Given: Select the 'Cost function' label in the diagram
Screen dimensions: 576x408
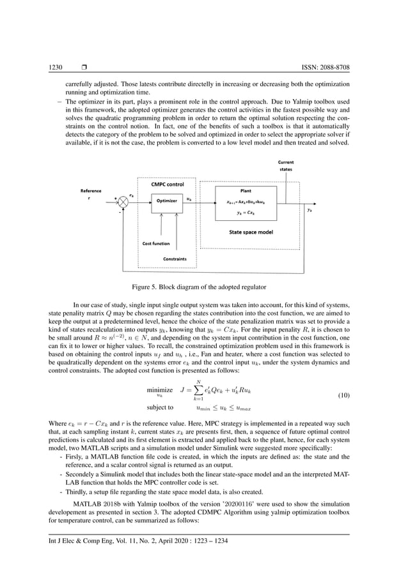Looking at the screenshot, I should point(156,243).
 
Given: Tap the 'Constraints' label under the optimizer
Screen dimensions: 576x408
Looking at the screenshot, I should point(175,259).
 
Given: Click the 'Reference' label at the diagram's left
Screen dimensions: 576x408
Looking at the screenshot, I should point(90,190).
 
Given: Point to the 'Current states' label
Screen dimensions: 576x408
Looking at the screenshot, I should point(285,165).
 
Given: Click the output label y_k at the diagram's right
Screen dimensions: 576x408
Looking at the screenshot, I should point(310,209).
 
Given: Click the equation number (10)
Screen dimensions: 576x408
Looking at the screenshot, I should point(343,395).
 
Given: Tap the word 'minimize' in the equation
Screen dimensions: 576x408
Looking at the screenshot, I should point(159,389).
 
